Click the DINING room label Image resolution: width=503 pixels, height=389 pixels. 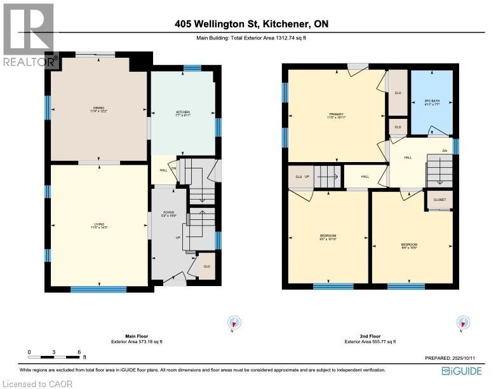pyautogui.click(x=98, y=110)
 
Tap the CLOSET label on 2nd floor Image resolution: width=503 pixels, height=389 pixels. pyautogui.click(x=439, y=200)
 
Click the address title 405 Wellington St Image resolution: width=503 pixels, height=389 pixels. pyautogui.click(x=251, y=25)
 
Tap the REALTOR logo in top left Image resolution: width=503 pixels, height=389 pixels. pyautogui.click(x=29, y=35)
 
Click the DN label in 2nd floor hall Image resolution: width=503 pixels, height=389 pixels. pyautogui.click(x=445, y=151)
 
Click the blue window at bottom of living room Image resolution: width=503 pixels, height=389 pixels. pyautogui.click(x=98, y=289)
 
